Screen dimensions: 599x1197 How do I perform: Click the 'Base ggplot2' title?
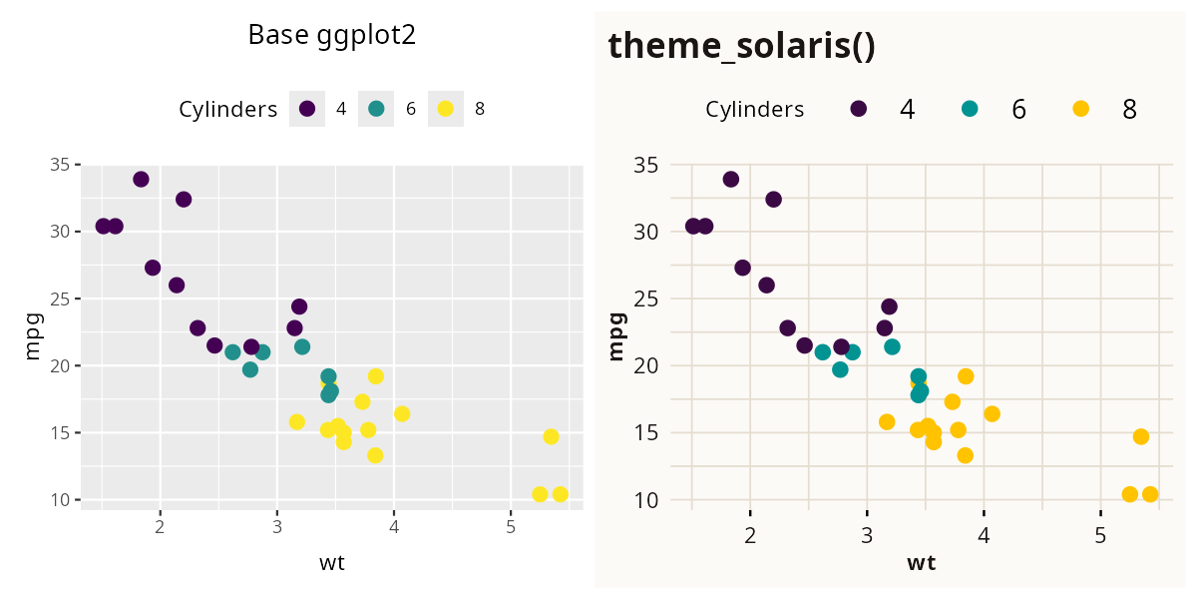point(331,35)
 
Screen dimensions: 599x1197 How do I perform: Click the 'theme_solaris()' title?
point(741,46)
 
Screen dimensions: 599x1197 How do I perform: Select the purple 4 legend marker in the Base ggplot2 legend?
point(307,109)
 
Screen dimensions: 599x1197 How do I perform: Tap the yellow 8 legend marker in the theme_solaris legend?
point(1081,109)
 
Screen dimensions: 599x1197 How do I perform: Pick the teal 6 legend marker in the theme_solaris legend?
point(970,109)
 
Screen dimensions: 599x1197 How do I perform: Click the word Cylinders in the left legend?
point(227,110)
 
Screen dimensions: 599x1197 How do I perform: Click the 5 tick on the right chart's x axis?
point(1101,535)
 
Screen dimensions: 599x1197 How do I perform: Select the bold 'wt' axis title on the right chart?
point(921,563)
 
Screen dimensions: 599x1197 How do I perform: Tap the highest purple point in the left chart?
point(141,179)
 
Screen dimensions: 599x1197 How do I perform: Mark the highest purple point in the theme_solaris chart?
point(731,179)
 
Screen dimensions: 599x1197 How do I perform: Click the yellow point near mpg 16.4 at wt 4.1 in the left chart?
point(402,413)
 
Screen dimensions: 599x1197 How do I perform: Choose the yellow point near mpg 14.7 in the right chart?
point(1141,436)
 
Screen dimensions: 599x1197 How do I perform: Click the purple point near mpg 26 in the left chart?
point(177,285)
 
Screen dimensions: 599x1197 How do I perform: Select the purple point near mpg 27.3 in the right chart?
point(742,268)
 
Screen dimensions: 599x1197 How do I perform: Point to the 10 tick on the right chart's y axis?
point(648,499)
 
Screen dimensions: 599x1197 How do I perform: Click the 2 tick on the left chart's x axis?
point(160,527)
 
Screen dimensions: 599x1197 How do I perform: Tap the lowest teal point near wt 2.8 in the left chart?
point(250,369)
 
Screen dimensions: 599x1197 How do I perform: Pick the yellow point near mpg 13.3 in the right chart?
point(965,455)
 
